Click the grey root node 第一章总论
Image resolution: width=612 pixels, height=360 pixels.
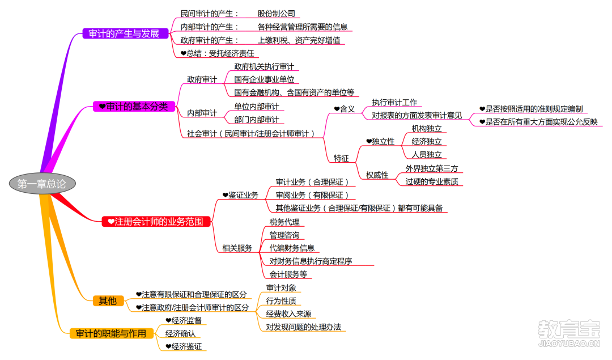(x=42, y=184)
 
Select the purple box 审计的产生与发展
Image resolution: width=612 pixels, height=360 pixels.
(x=125, y=33)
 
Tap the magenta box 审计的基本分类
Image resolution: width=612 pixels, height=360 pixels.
(x=134, y=106)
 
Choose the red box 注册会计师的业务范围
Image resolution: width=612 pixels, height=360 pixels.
(x=156, y=222)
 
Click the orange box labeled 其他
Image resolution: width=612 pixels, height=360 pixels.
(x=108, y=300)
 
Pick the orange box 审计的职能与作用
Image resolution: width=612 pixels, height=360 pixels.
(x=111, y=333)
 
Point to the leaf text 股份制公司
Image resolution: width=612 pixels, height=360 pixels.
(x=277, y=14)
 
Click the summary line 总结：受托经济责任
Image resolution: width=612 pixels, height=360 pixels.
(x=218, y=53)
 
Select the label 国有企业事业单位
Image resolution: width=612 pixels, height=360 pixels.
(x=264, y=79)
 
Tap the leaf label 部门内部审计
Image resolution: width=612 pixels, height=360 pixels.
(x=257, y=120)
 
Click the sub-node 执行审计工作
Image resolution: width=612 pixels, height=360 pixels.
(x=394, y=102)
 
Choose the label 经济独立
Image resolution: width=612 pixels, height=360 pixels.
(x=427, y=141)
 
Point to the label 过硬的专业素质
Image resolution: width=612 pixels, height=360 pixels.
(x=432, y=181)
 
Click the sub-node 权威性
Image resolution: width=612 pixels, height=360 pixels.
(x=377, y=175)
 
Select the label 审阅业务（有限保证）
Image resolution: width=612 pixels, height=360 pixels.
(x=312, y=195)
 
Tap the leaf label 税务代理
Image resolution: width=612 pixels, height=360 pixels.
(x=284, y=222)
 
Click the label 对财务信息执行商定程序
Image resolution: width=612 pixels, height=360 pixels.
(x=311, y=261)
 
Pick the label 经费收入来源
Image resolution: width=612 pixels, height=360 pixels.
(x=289, y=314)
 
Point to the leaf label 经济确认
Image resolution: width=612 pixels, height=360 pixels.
(x=180, y=333)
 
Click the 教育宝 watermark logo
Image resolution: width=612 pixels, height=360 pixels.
(x=569, y=333)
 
